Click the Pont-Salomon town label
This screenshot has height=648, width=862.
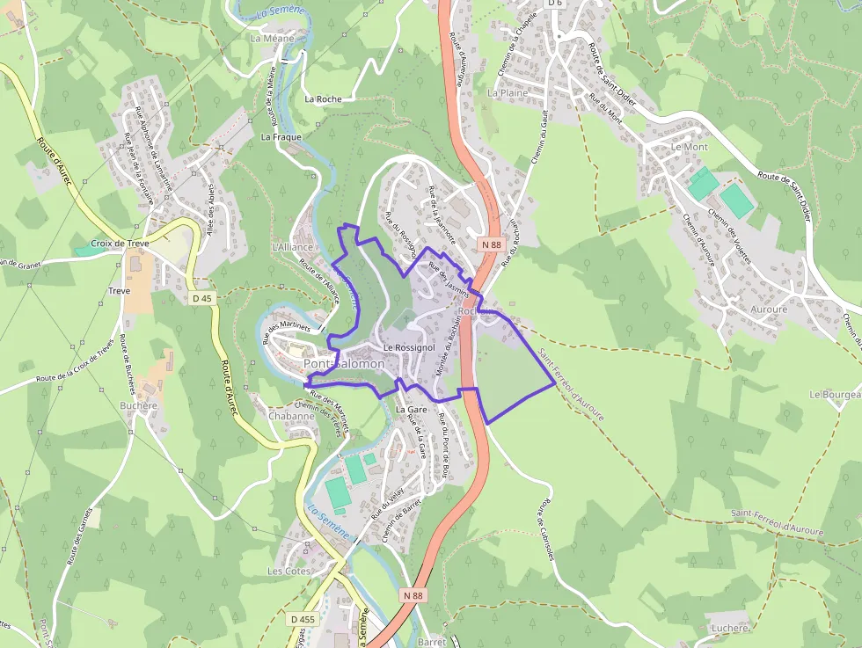[x=344, y=363]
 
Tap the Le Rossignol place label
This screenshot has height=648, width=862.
[x=410, y=348]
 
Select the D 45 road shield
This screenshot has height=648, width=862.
[x=201, y=298]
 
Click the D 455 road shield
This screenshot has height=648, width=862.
[x=302, y=619]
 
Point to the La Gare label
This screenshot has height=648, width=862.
[x=411, y=410]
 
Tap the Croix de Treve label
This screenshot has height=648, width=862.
[x=120, y=244]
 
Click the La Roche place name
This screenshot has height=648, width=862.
[x=323, y=99]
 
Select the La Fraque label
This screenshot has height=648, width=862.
[x=281, y=137]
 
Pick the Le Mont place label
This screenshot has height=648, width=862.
[x=689, y=147]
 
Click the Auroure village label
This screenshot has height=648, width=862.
[x=769, y=309]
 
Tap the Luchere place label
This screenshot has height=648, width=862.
[x=729, y=628]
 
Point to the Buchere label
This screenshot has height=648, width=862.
[x=138, y=405]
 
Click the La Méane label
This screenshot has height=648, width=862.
[x=272, y=39]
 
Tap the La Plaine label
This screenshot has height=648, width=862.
[x=508, y=91]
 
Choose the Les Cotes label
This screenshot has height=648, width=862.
[x=289, y=571]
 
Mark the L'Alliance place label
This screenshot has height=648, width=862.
[x=293, y=247]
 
